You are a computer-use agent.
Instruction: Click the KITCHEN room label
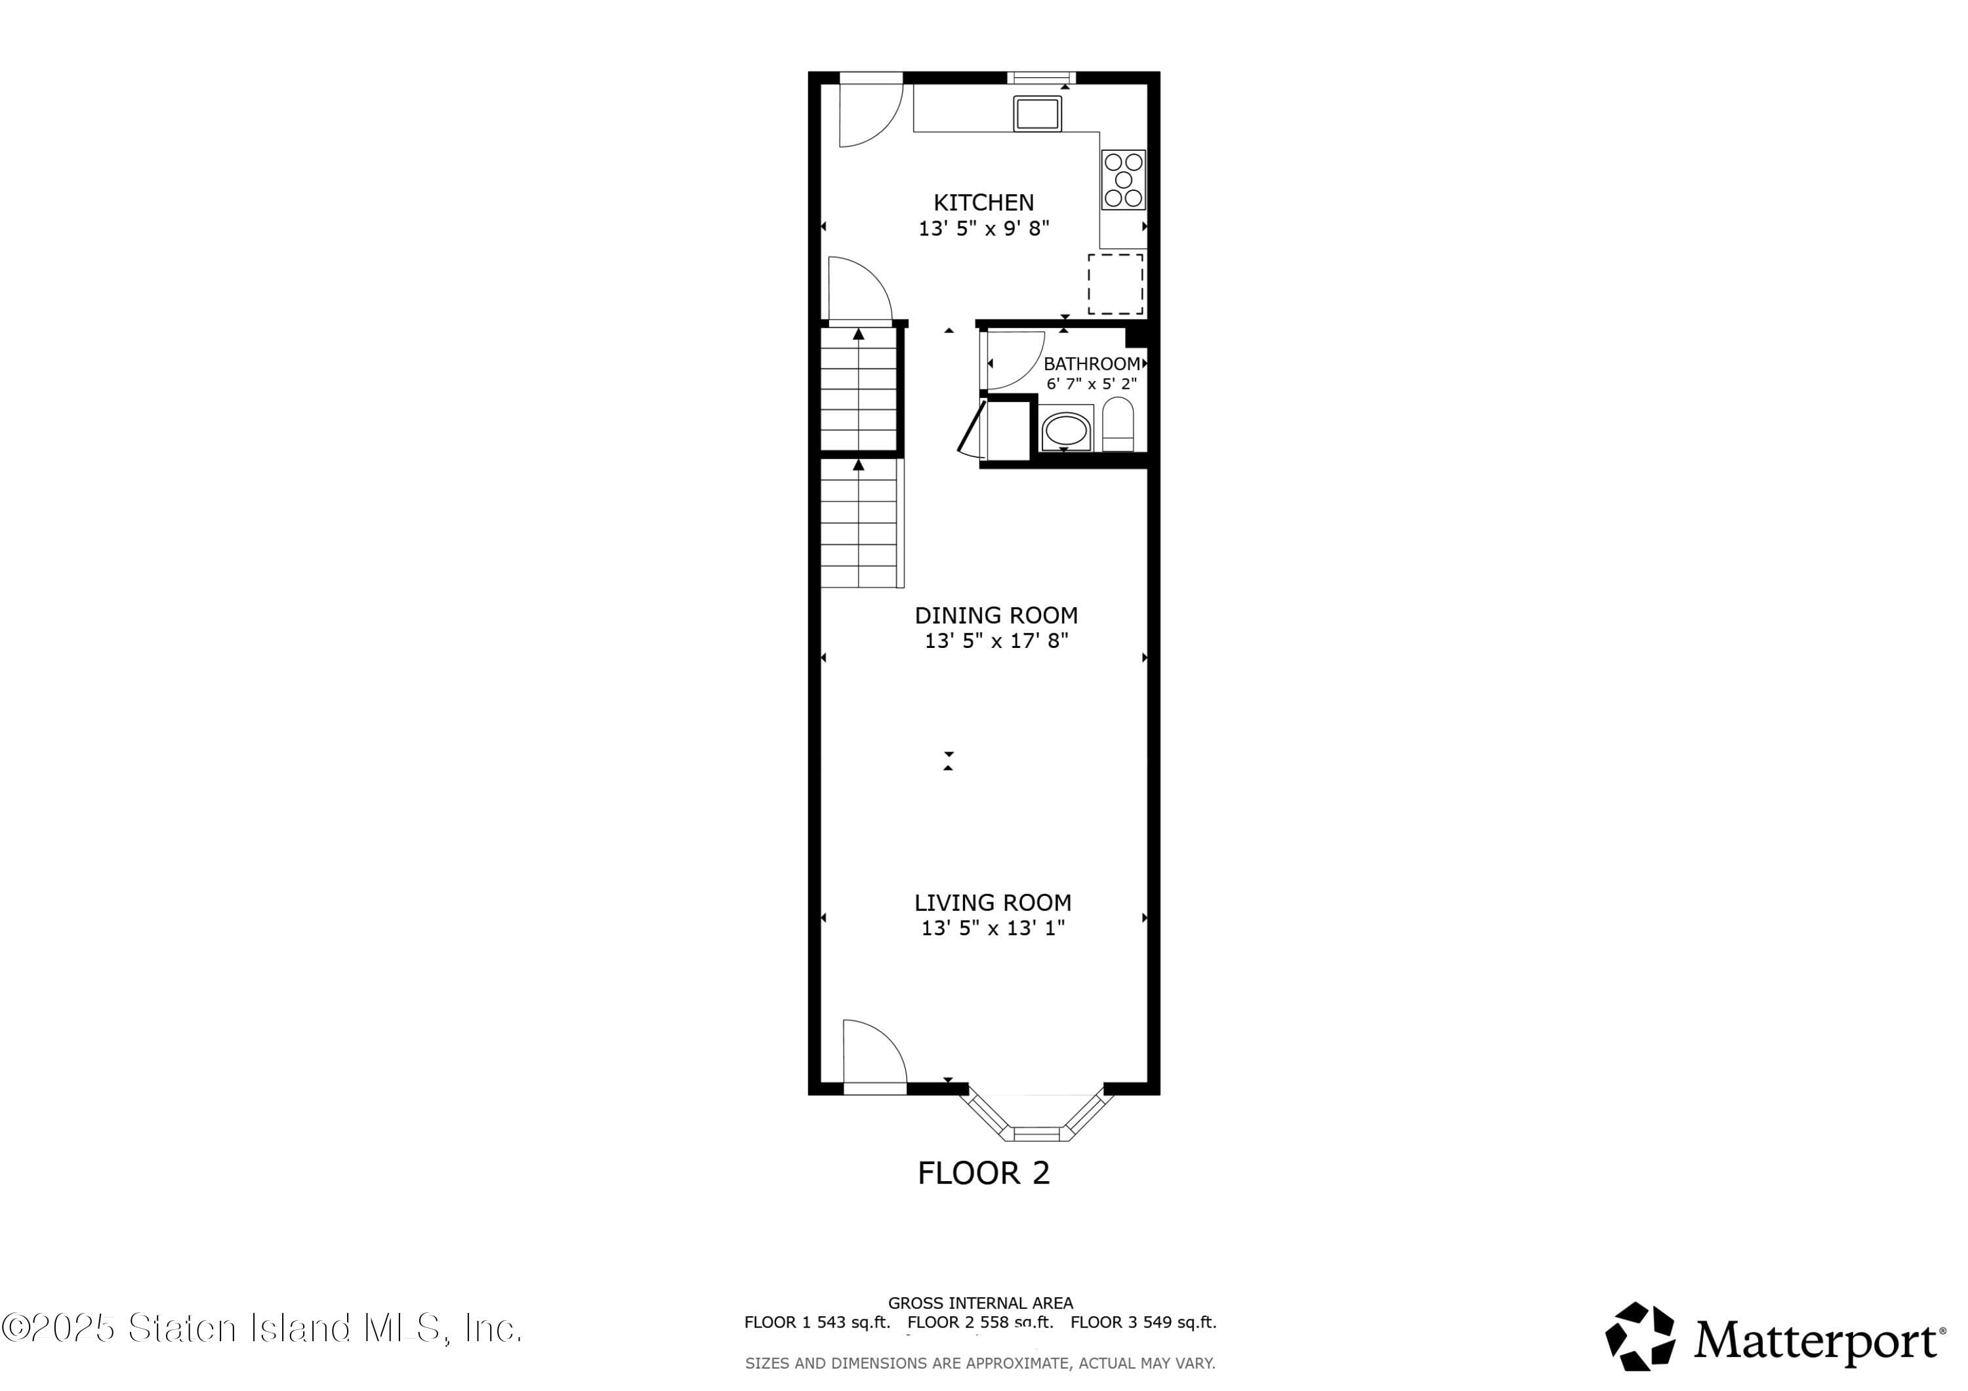tap(983, 202)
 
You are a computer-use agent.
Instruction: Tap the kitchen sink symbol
tap(1037, 113)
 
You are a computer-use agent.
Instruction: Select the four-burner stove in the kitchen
tap(1123, 180)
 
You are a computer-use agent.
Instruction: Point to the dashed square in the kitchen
tap(1115, 284)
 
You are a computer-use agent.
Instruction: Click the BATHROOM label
tap(1091, 363)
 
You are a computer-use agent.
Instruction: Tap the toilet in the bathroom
tap(1117, 424)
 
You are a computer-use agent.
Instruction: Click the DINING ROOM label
tap(996, 615)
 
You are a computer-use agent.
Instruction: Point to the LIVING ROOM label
tap(993, 902)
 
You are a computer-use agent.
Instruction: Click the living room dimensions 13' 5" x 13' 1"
tap(993, 928)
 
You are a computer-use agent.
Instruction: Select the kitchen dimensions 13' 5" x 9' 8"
tap(983, 229)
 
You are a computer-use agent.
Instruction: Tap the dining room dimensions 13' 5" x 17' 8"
tap(996, 641)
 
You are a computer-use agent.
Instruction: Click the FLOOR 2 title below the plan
tap(983, 1173)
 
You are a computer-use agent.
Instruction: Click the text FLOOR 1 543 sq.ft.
tap(816, 1322)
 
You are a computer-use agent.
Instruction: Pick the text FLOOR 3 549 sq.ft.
tap(1143, 1322)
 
